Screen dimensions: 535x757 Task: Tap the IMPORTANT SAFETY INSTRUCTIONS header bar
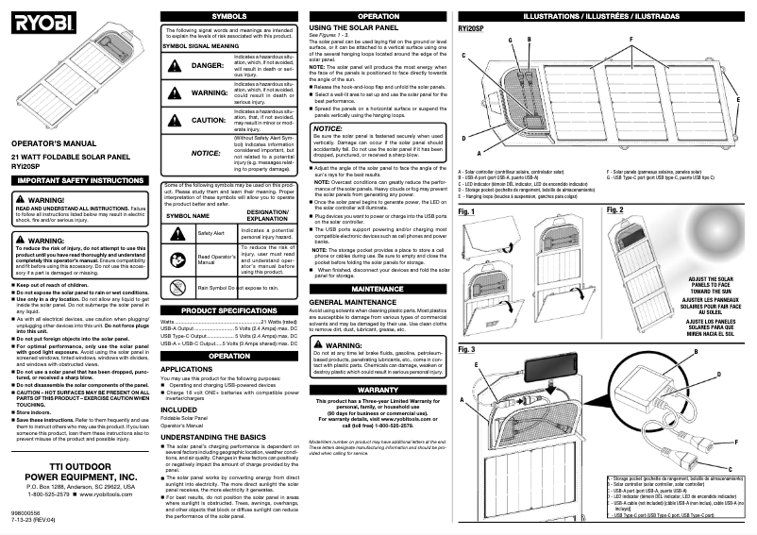[x=77, y=179]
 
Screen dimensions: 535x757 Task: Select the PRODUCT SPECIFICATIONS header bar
[x=228, y=309]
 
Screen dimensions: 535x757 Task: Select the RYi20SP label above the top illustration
[x=471, y=28]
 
